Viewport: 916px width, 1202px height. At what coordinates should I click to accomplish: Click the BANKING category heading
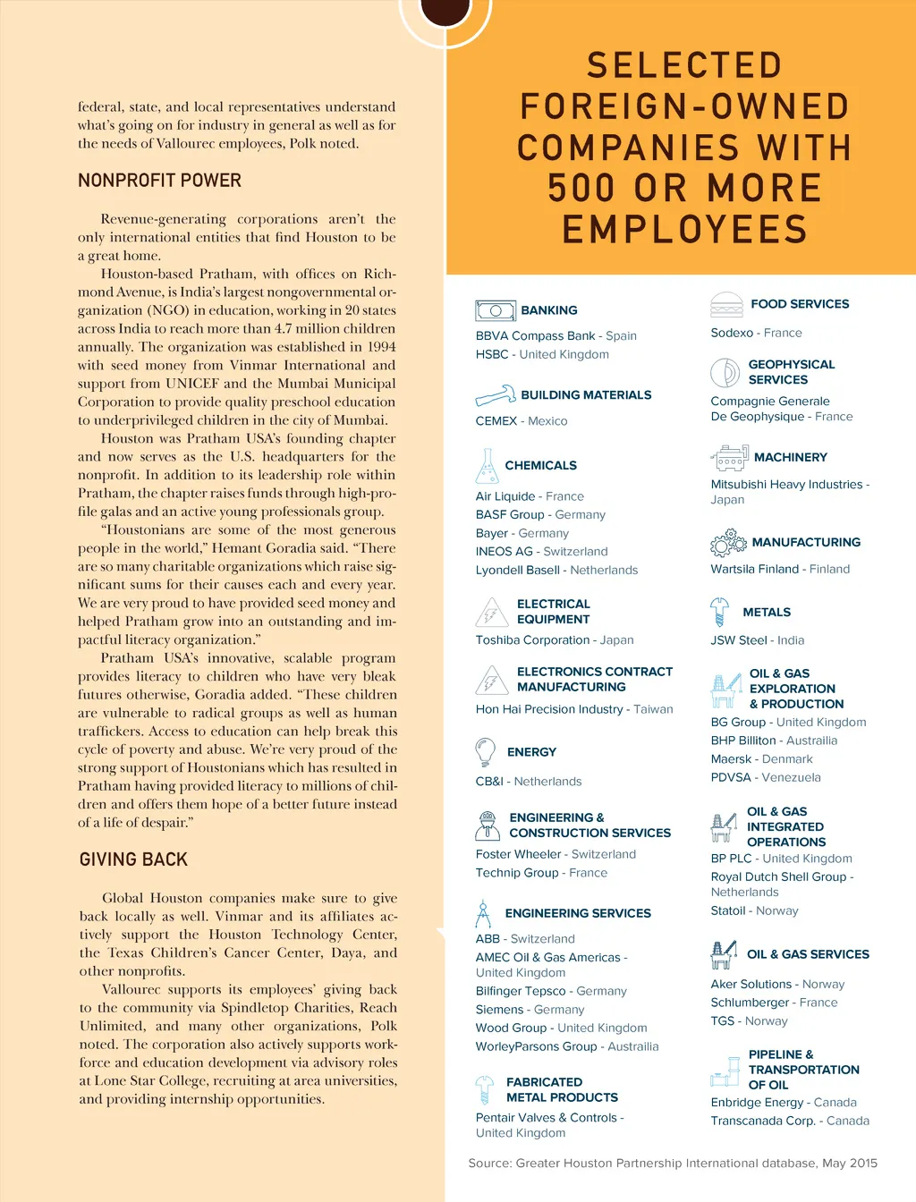[548, 310]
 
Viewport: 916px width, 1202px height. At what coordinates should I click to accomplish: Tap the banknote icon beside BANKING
[495, 310]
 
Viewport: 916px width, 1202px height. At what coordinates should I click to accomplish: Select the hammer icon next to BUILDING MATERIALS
[495, 394]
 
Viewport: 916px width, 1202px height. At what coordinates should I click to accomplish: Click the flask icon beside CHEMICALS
[487, 466]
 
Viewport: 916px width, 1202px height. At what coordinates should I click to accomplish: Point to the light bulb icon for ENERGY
[486, 752]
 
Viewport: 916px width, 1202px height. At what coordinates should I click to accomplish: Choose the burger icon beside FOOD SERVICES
[726, 305]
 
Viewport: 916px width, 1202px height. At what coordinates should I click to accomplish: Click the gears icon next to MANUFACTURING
[728, 542]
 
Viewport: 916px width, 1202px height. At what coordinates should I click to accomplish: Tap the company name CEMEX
[496, 421]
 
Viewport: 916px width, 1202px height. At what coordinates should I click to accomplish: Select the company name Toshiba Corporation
[532, 640]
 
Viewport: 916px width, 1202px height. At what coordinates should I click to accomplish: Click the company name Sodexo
[732, 333]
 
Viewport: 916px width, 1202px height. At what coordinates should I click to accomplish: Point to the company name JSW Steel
[739, 640]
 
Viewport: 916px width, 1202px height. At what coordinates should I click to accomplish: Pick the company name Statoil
[728, 910]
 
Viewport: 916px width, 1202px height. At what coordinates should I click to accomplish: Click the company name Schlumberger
[750, 1003]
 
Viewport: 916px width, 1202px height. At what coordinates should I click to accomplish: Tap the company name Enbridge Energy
[757, 1103]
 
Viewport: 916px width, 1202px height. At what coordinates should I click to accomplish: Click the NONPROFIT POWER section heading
[159, 181]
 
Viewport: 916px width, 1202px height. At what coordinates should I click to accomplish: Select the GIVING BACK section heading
[133, 859]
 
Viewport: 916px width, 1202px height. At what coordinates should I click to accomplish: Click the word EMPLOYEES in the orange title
[684, 230]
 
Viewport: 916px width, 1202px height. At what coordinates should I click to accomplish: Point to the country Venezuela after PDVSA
[791, 777]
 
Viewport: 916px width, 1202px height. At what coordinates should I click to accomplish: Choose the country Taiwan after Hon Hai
[653, 709]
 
